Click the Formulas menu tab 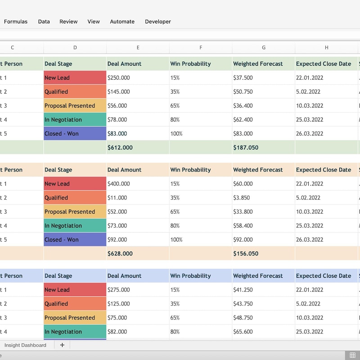pyautogui.click(x=16, y=22)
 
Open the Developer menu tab pyautogui.click(x=157, y=22)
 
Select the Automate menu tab pyautogui.click(x=122, y=22)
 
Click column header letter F pyautogui.click(x=201, y=48)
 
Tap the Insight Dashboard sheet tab pyautogui.click(x=25, y=345)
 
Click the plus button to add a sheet pyautogui.click(x=62, y=345)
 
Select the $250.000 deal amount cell pyautogui.click(x=119, y=78)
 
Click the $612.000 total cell pyautogui.click(x=120, y=148)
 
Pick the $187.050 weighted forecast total pyautogui.click(x=246, y=148)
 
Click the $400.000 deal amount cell pyautogui.click(x=119, y=184)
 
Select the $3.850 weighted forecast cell pyautogui.click(x=243, y=198)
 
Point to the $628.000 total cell pyautogui.click(x=120, y=254)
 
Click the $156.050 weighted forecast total pyautogui.click(x=246, y=254)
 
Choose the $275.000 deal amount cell pyautogui.click(x=119, y=290)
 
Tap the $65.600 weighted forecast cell pyautogui.click(x=243, y=332)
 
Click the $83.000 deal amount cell pyautogui.click(x=117, y=134)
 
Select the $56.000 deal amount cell pyautogui.click(x=117, y=106)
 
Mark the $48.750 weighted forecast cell pyautogui.click(x=243, y=318)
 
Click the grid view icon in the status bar pyautogui.click(x=353, y=355)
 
